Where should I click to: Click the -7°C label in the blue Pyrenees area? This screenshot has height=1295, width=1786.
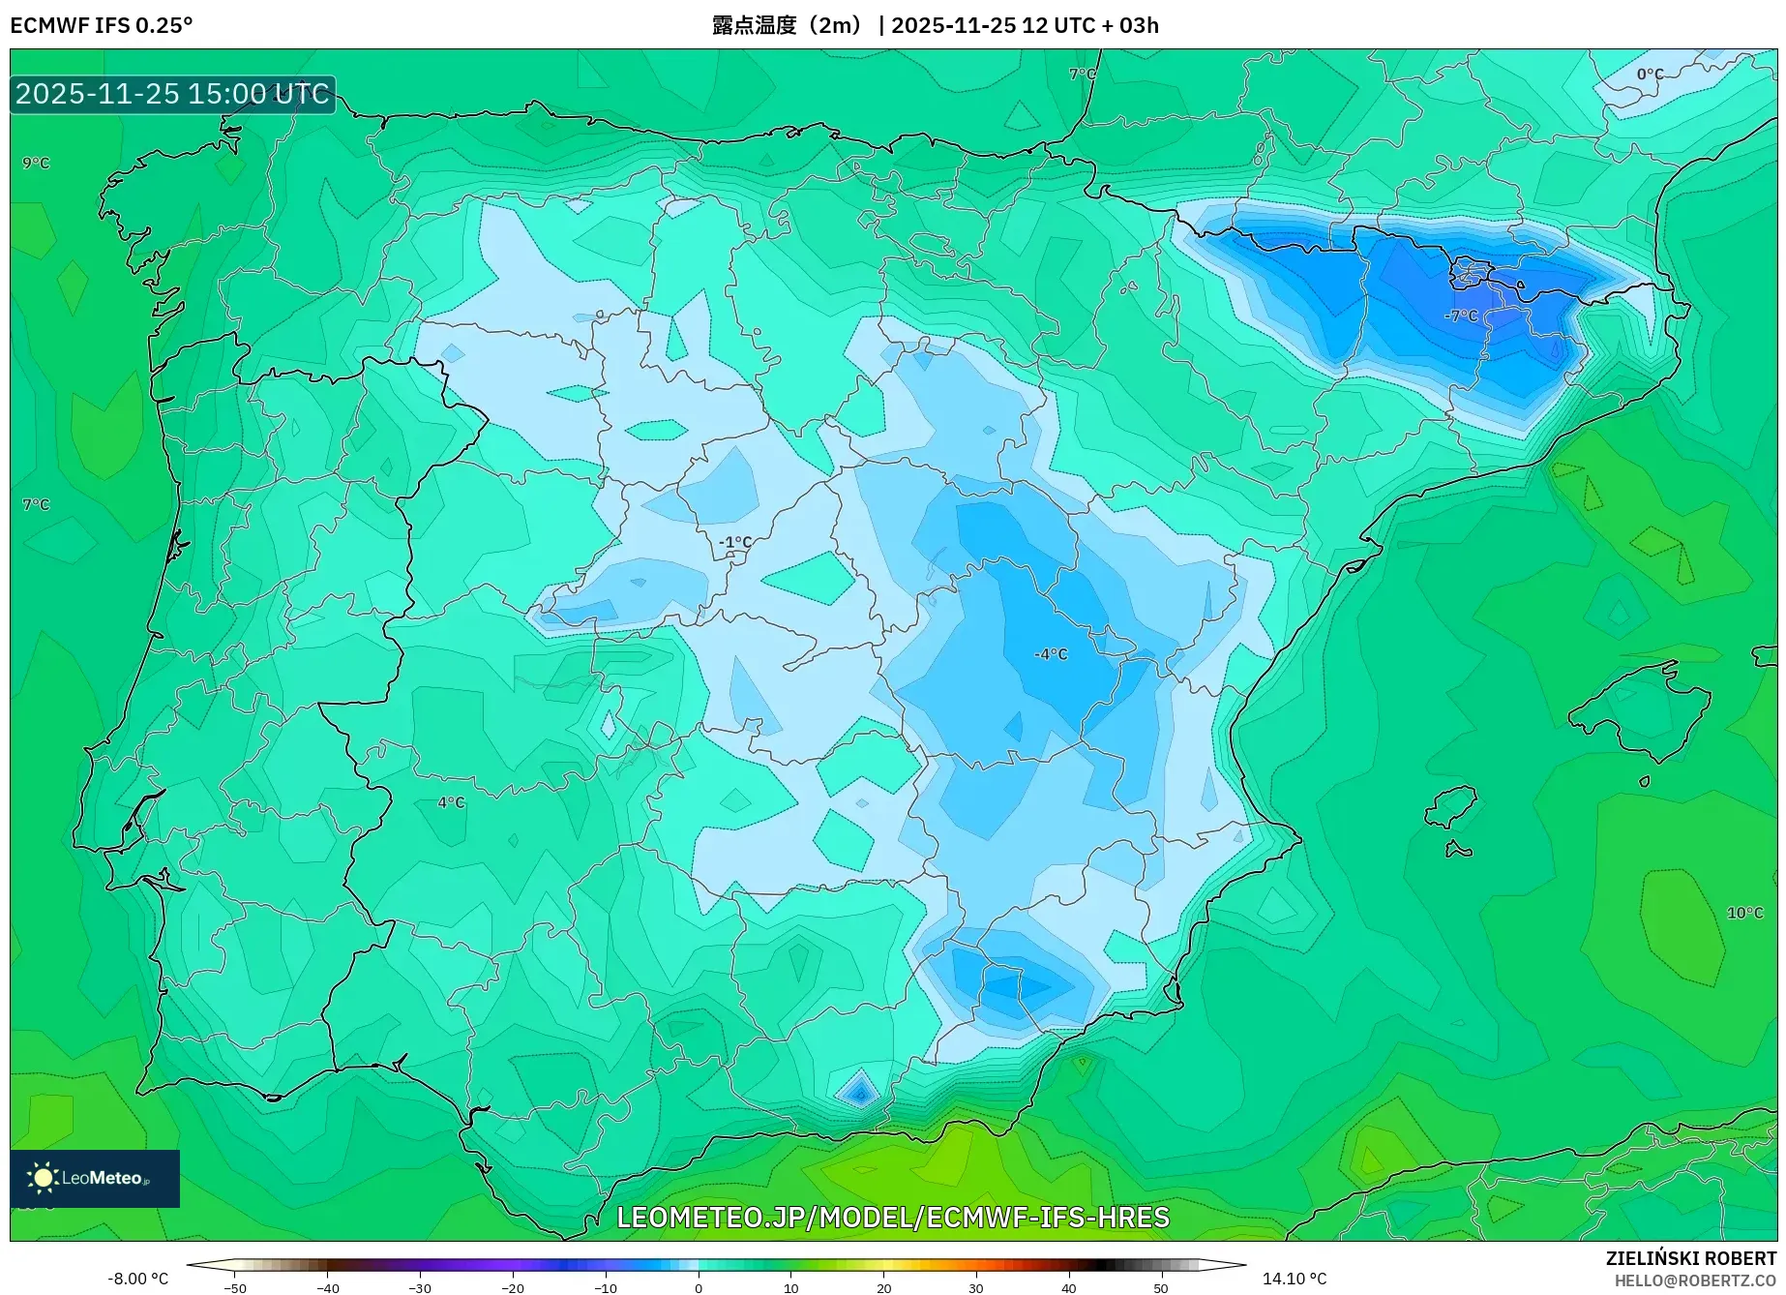[1461, 316]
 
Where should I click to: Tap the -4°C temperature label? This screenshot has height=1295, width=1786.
[1051, 654]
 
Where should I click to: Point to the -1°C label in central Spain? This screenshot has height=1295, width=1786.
[735, 542]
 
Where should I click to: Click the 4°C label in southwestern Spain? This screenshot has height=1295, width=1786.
[451, 802]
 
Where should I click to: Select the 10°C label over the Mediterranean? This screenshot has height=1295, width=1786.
[1744, 913]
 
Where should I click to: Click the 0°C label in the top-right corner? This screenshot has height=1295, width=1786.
[1650, 75]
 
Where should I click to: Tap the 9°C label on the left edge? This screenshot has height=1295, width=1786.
[36, 163]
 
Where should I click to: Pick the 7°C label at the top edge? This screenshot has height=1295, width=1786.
[1082, 75]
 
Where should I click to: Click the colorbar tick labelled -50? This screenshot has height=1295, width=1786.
[235, 1287]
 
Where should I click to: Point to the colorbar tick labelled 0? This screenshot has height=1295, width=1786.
[699, 1287]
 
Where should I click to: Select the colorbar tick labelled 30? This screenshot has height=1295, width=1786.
[975, 1287]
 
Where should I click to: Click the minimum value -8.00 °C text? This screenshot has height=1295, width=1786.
[137, 1279]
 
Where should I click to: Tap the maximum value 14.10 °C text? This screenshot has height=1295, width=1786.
[1295, 1279]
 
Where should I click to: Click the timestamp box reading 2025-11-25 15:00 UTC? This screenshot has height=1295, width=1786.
[172, 94]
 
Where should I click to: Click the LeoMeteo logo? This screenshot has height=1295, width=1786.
[94, 1178]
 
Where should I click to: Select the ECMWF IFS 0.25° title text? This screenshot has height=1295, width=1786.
[102, 25]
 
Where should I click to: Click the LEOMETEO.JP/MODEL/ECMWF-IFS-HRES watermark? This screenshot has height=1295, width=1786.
[892, 1217]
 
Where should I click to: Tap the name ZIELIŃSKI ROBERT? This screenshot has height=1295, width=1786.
[1690, 1258]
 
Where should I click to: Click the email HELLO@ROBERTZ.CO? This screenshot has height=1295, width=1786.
[1694, 1280]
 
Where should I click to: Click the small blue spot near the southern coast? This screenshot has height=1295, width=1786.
[858, 1093]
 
